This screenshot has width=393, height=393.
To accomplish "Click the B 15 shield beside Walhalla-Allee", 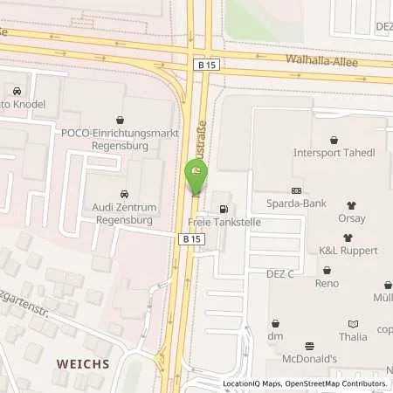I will (203, 64).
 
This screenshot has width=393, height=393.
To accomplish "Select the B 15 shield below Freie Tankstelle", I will (191, 238).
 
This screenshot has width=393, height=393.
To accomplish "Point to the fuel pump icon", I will (226, 209).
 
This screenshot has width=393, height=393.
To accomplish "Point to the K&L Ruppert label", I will (348, 251).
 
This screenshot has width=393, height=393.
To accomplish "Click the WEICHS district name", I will (84, 362).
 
